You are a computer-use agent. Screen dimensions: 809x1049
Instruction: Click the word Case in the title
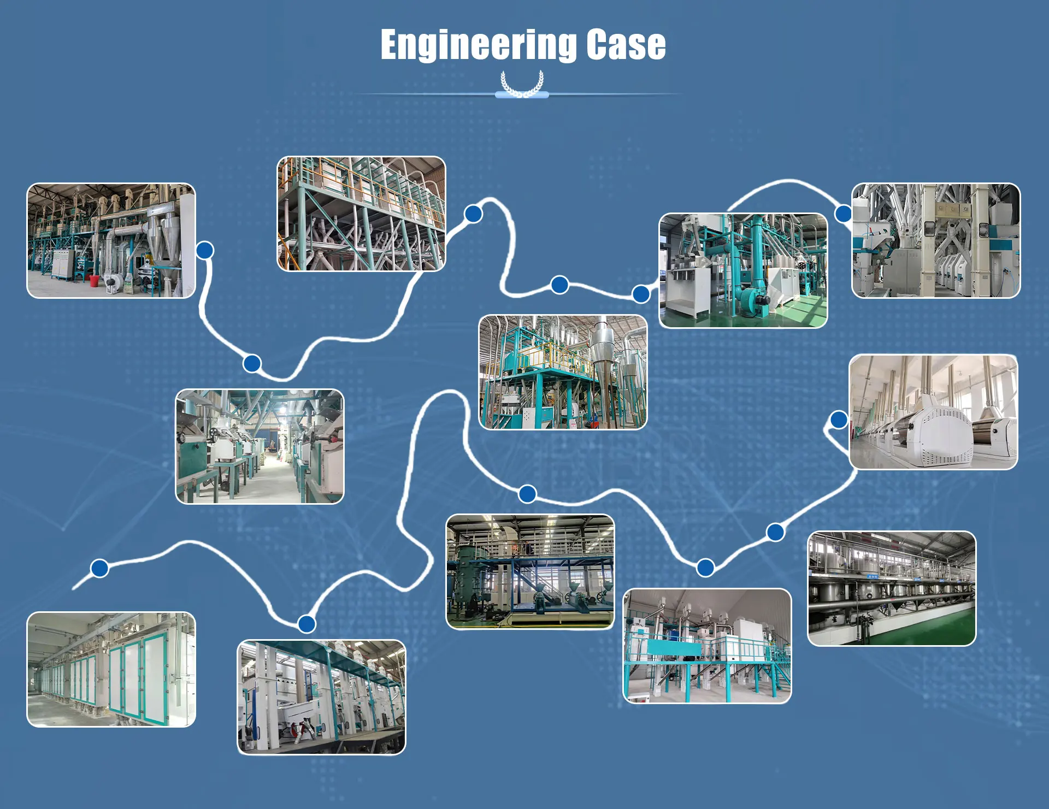[x=626, y=45]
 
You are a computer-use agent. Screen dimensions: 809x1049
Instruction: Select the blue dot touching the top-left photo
[x=205, y=250]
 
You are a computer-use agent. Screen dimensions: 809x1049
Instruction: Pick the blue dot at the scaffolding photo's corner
[x=473, y=214]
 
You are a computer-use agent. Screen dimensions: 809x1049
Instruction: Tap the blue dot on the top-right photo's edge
[x=844, y=213]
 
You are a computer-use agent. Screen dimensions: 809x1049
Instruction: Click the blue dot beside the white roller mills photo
[x=839, y=420]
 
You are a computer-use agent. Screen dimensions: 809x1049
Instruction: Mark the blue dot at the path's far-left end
[x=99, y=568]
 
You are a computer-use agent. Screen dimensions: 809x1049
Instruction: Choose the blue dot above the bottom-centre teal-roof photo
[x=307, y=623]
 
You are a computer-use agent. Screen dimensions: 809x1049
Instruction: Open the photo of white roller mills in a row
[x=933, y=412]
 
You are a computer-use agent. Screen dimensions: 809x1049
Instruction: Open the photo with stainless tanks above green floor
[x=892, y=589]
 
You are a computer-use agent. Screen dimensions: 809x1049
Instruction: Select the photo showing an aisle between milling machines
[x=260, y=446]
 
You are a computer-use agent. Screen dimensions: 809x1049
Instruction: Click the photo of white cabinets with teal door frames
[x=111, y=669]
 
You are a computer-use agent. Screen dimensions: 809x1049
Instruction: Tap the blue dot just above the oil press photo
[x=527, y=494]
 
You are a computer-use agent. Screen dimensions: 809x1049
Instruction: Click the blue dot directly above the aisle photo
[x=252, y=363]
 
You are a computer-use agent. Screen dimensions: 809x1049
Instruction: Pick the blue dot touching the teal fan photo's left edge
[x=641, y=294]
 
